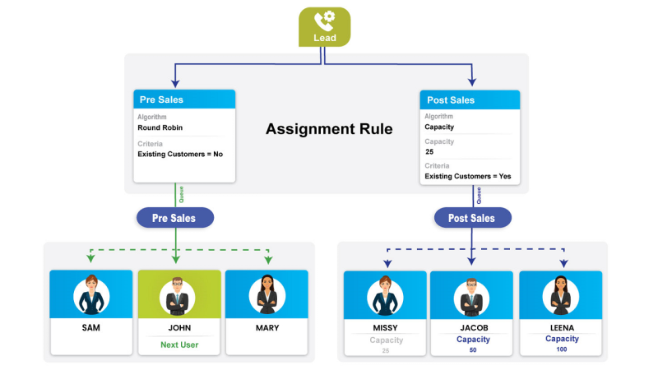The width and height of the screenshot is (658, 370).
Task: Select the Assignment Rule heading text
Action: [329, 129]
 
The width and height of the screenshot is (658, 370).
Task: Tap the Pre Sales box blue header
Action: [184, 99]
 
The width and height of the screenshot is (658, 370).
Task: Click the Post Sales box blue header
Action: [470, 99]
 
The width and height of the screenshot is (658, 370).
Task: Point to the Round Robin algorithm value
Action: [160, 127]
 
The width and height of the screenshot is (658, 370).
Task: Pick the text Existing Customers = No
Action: [180, 154]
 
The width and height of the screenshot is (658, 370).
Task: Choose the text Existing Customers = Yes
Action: [468, 176]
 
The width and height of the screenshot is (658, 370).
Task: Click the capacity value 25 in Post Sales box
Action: [429, 152]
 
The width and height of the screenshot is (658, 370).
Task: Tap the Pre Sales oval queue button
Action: [175, 218]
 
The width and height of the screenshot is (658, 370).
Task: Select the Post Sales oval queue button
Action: [472, 218]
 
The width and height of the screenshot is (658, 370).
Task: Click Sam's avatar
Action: [90, 294]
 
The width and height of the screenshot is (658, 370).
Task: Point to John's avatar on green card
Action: [178, 294]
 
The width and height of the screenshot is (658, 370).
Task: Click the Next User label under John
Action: [178, 345]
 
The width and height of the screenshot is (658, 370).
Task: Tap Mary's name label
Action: [266, 328]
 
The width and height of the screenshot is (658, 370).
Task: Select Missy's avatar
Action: [385, 294]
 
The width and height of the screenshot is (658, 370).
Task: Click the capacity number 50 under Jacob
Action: [473, 350]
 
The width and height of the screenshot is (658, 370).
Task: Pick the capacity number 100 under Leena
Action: [562, 349]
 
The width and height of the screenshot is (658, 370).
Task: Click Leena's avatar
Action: [562, 294]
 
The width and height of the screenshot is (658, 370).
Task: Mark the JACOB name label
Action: [473, 328]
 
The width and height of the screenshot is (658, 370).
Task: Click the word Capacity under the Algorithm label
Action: [439, 127]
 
